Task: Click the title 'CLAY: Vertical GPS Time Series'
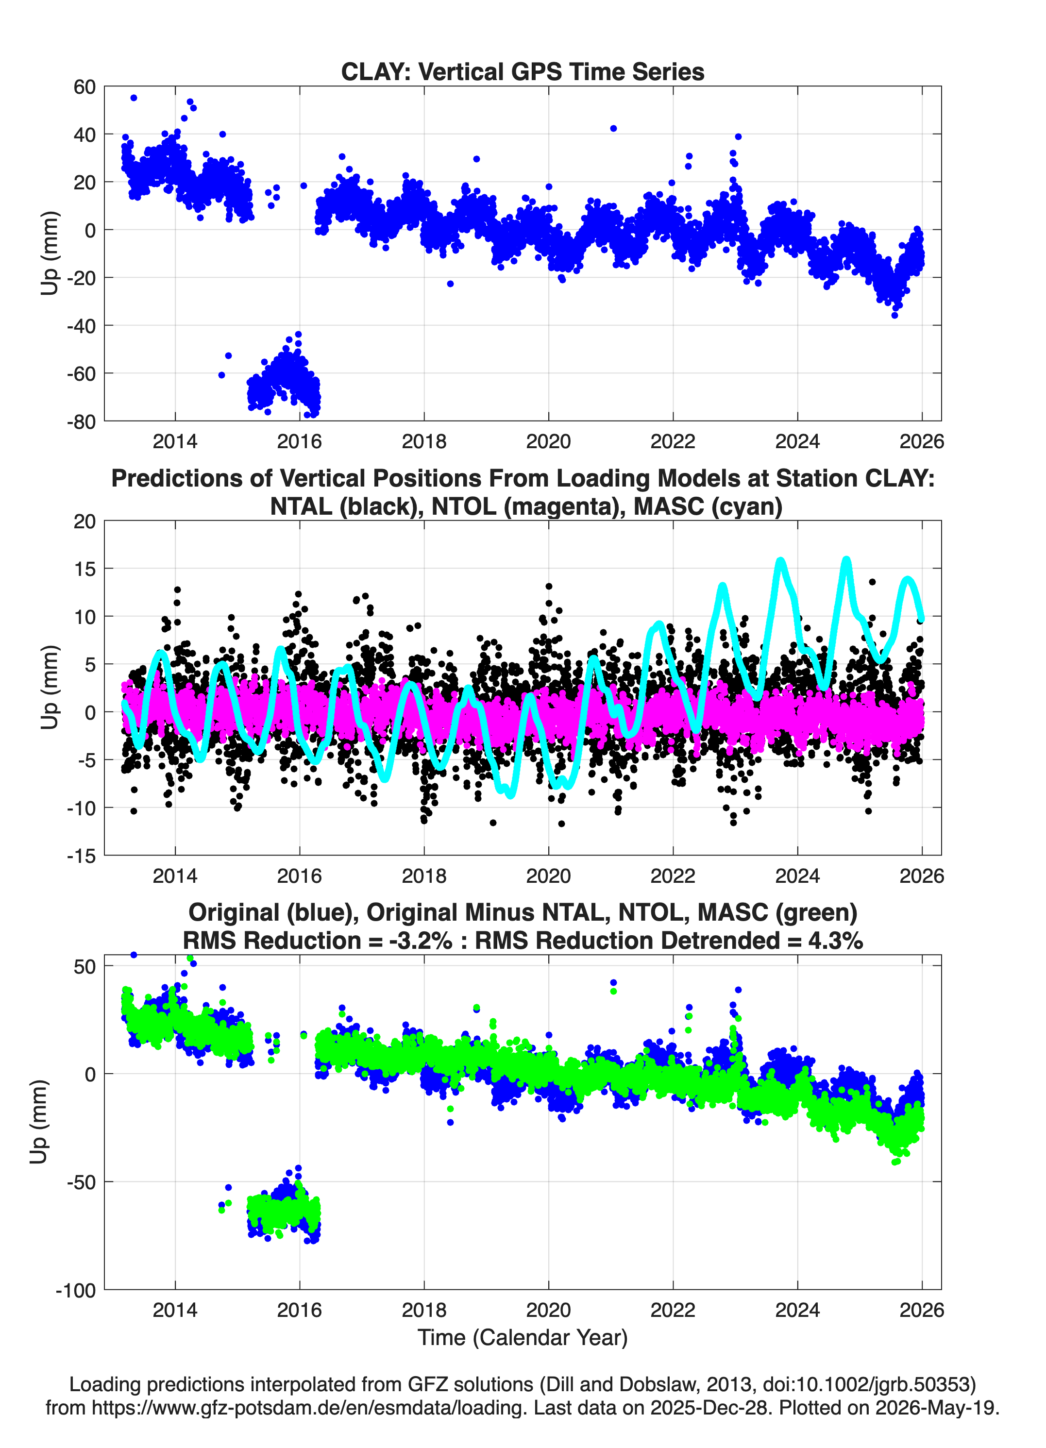pos(523,71)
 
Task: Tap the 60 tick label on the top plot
pos(84,87)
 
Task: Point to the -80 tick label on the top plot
pos(81,422)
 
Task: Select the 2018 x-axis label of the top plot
pos(424,441)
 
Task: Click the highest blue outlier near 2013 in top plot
pos(134,98)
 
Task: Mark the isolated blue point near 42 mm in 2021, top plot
pos(613,128)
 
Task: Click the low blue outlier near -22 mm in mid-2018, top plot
pos(450,284)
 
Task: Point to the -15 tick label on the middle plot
pos(81,856)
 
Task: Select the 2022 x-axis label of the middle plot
pos(673,876)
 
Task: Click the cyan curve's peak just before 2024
pos(780,561)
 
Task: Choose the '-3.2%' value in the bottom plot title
pos(420,941)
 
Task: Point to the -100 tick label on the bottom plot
pos(75,1290)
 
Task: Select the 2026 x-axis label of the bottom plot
pos(922,1310)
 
